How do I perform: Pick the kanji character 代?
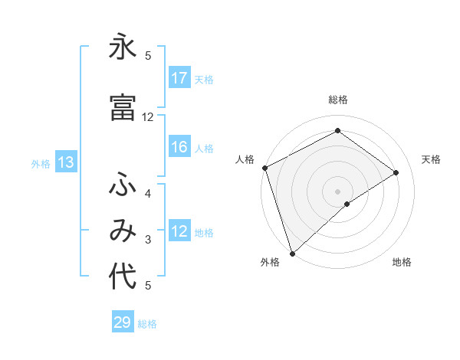[x=123, y=277]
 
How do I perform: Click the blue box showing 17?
[x=179, y=78]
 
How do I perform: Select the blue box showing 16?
[x=179, y=147]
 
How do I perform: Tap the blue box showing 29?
[x=123, y=322]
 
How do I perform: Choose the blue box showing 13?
[x=66, y=162]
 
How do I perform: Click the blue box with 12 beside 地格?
[x=179, y=231]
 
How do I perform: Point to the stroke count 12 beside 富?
[x=148, y=116]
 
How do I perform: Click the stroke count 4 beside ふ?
[x=148, y=193]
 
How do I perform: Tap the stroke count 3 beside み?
[x=148, y=240]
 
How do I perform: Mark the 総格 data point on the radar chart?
[x=337, y=131]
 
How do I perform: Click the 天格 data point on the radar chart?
[x=396, y=172]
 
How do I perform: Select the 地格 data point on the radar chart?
[x=347, y=204]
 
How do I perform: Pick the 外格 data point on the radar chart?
[x=292, y=253]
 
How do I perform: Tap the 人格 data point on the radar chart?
[x=264, y=168]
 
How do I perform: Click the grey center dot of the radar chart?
[x=337, y=191]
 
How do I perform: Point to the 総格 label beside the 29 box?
[x=147, y=324]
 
